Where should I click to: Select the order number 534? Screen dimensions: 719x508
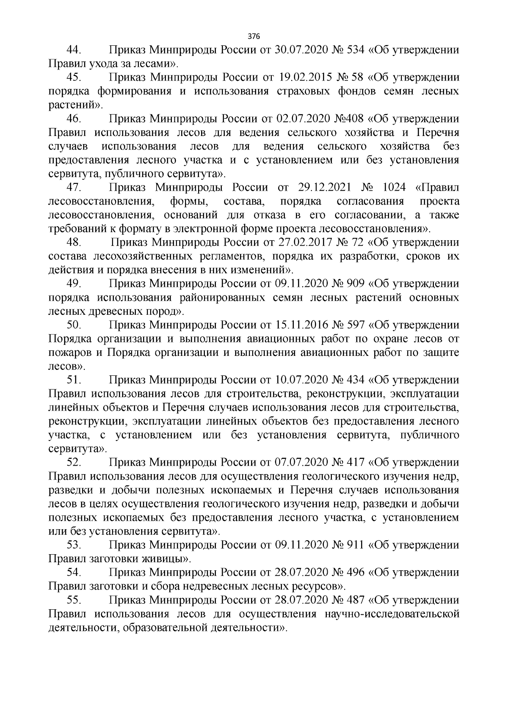coord(356,50)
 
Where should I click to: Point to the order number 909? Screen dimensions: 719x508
coord(356,283)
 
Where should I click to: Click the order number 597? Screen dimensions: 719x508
coord(356,325)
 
